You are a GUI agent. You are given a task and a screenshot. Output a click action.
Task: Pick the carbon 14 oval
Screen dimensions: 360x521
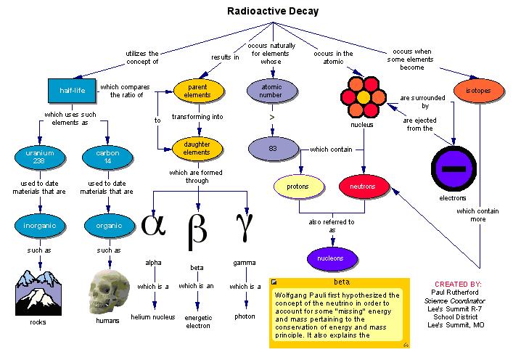107,156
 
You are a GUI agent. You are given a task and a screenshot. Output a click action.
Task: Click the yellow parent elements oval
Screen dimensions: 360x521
197,90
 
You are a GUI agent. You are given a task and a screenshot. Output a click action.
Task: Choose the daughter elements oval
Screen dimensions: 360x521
197,149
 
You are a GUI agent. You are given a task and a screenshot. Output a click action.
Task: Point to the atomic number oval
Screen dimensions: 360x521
272,91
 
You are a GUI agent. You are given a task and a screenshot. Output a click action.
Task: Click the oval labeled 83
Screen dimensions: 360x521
272,149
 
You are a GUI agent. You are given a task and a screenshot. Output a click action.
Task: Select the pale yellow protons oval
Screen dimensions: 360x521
298,187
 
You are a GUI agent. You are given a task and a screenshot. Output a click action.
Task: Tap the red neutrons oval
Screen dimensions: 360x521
364,187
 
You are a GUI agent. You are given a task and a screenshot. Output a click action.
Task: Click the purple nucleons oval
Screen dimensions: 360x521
332,258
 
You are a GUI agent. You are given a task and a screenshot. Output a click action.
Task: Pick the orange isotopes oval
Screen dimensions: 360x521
477,91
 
